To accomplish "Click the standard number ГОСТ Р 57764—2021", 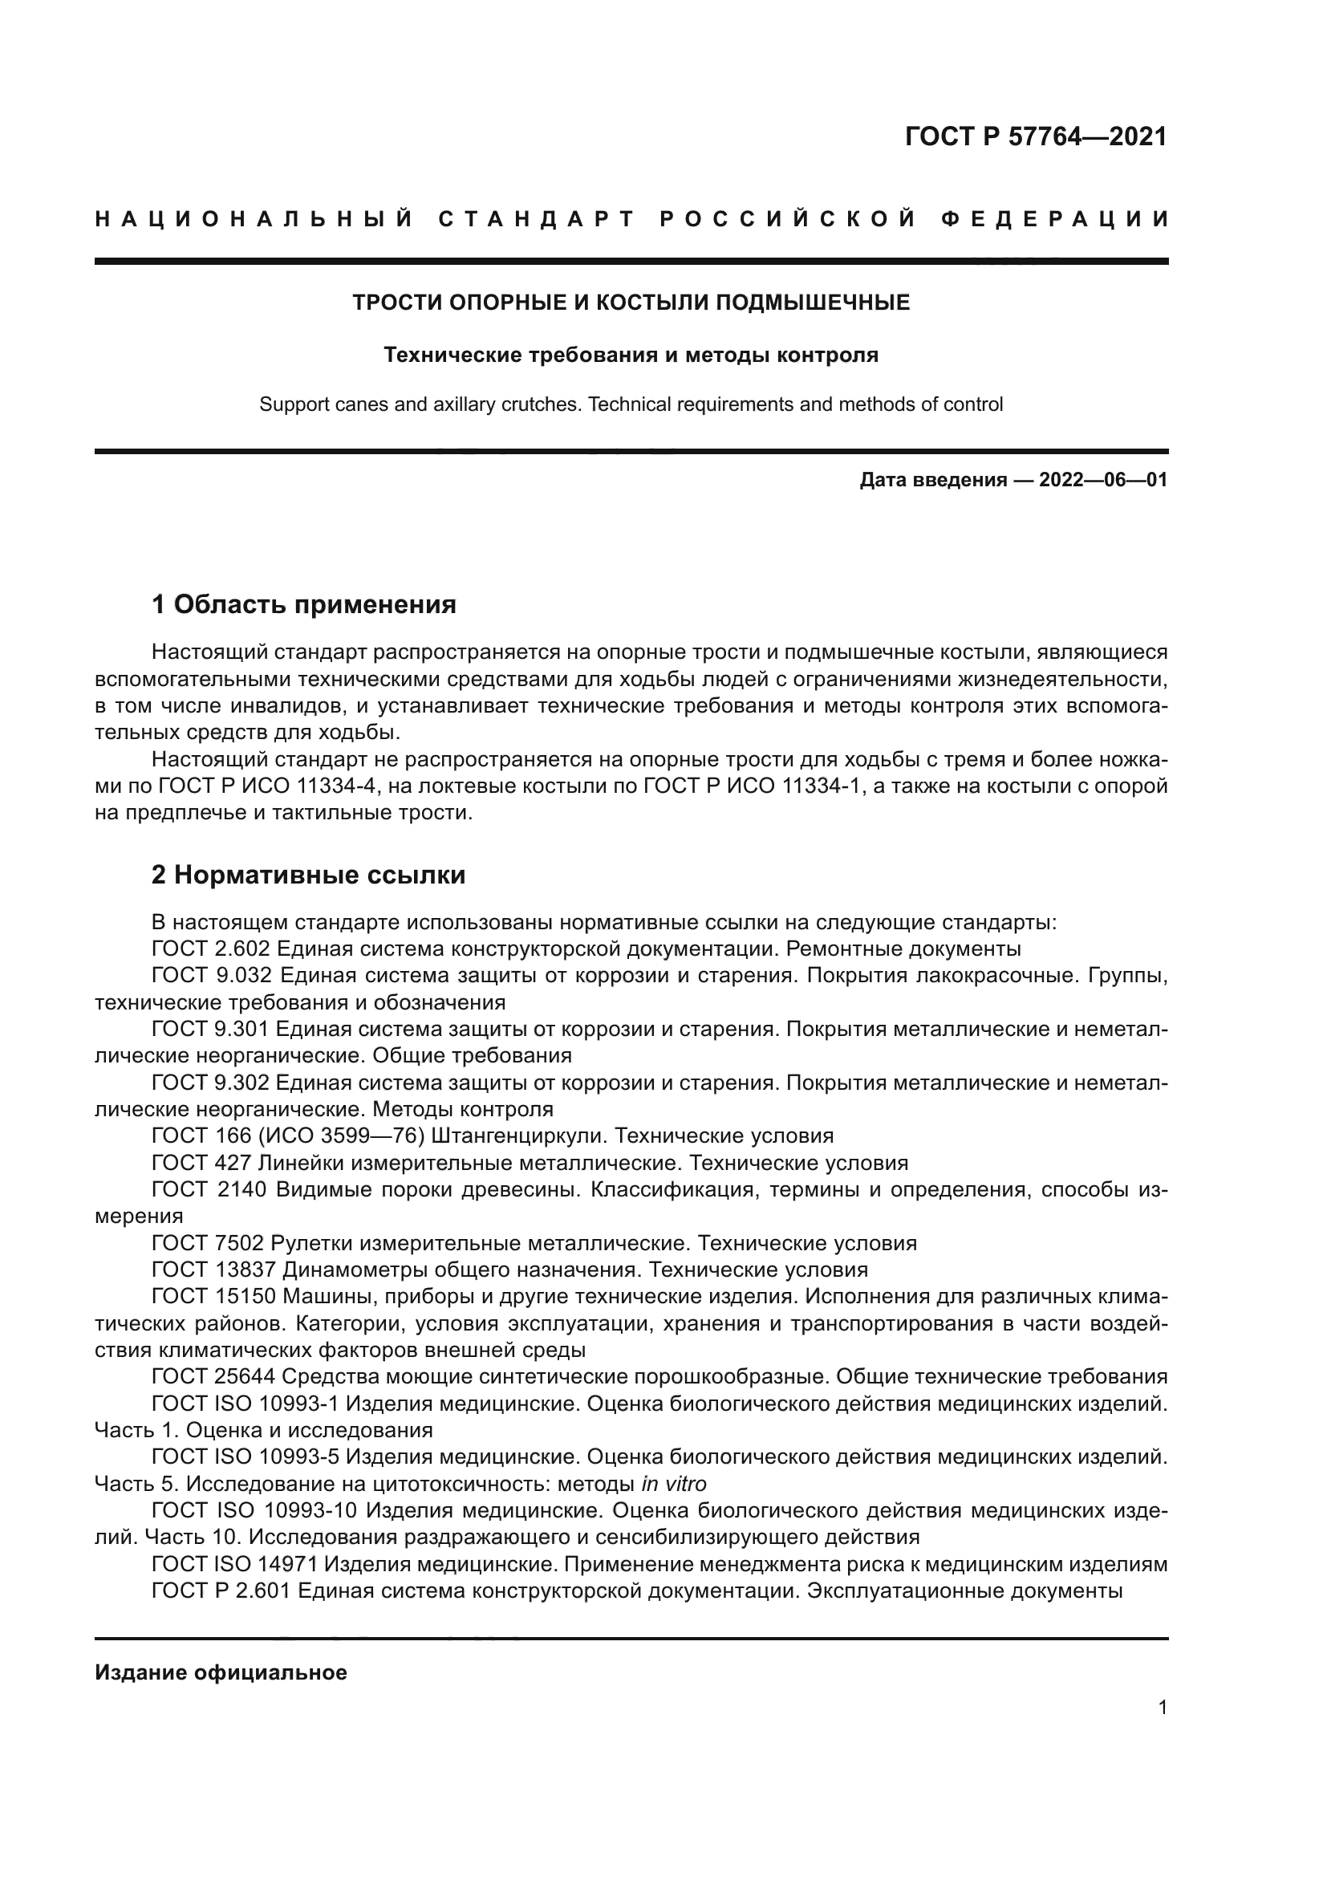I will (1035, 136).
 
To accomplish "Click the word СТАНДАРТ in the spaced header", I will (537, 219).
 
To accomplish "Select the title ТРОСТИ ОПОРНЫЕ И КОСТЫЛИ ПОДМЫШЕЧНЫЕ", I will (631, 303).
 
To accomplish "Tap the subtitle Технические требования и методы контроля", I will (631, 355).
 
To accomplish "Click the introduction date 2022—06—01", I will (1102, 480).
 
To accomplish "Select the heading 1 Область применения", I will (303, 605).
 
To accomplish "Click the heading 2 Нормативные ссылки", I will (308, 875).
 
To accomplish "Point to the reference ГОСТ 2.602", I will (209, 949).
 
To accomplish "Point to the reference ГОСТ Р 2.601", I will (221, 1591).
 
